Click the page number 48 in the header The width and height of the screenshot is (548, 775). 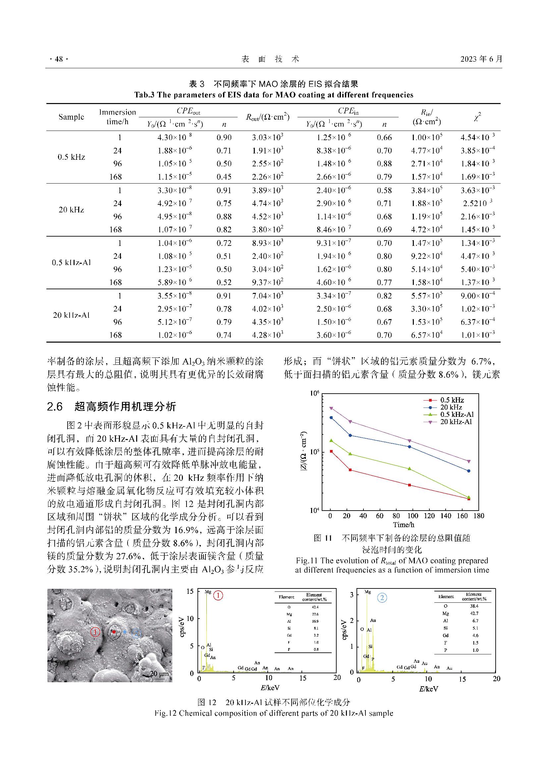[x=59, y=59]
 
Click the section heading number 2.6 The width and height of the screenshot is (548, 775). [x=55, y=407]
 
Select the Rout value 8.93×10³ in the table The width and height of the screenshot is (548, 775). [x=267, y=243]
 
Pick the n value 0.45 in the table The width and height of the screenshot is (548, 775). [x=224, y=177]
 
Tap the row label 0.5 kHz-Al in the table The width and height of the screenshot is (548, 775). [x=71, y=263]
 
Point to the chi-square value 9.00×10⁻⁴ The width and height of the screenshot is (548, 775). [x=477, y=296]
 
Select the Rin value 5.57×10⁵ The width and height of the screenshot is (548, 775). [x=426, y=296]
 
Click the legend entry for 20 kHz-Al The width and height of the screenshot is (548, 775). [x=456, y=421]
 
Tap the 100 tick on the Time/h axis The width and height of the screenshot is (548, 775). [x=412, y=516]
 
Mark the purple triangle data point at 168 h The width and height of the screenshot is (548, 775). [x=469, y=461]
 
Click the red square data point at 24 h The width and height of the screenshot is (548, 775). [x=350, y=470]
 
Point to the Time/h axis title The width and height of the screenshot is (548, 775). [x=403, y=525]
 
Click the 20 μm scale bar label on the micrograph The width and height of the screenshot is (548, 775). [x=158, y=674]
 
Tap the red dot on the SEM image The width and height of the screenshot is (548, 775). [x=114, y=632]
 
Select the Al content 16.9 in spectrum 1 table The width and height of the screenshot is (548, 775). [x=316, y=621]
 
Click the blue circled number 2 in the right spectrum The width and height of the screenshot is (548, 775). [x=382, y=598]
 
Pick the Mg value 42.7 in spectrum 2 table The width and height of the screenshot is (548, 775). [x=475, y=613]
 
